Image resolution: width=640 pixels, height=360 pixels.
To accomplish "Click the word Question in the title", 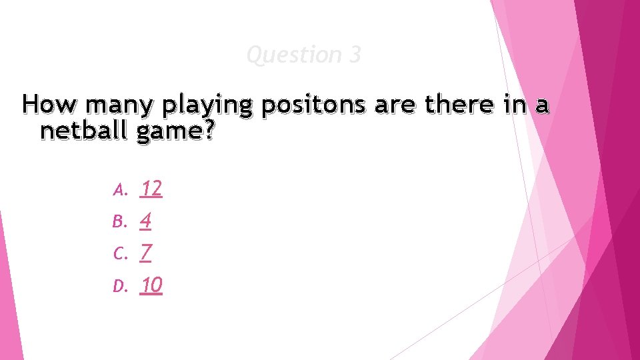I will pyautogui.click(x=293, y=55).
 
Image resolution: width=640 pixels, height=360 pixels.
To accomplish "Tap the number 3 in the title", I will pyautogui.click(x=354, y=55).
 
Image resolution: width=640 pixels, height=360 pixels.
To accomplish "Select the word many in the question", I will pyautogui.click(x=109, y=105).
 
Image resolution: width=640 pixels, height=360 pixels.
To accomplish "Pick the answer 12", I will pyautogui.click(x=151, y=189).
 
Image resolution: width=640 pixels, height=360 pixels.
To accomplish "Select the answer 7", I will pyautogui.click(x=145, y=253).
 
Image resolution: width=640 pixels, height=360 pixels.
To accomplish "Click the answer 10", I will pyautogui.click(x=151, y=285).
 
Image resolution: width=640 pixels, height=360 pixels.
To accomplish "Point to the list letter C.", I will pyautogui.click(x=119, y=254).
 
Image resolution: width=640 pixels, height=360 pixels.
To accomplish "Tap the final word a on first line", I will pyautogui.click(x=543, y=106).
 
